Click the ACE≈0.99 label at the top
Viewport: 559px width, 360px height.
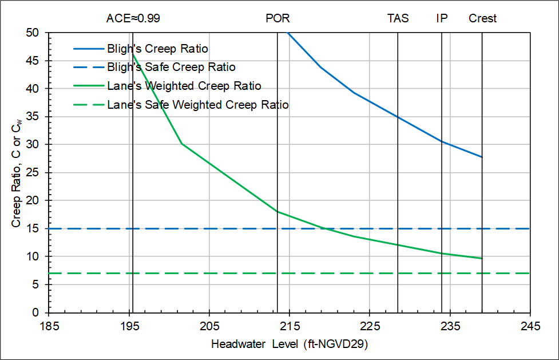pyautogui.click(x=133, y=18)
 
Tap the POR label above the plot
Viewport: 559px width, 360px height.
pyautogui.click(x=277, y=18)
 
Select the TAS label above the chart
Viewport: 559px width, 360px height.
pyautogui.click(x=398, y=18)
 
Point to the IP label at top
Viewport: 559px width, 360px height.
pyautogui.click(x=442, y=18)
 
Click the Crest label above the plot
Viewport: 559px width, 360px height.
pyautogui.click(x=482, y=18)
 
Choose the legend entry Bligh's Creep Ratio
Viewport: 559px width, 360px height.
pyautogui.click(x=157, y=49)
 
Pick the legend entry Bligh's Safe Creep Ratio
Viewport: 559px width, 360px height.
pyautogui.click(x=171, y=68)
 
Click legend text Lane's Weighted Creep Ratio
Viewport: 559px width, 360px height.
pyautogui.click(x=184, y=86)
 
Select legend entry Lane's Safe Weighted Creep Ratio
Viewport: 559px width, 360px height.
pyautogui.click(x=198, y=105)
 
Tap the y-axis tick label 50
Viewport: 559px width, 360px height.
pyautogui.click(x=38, y=33)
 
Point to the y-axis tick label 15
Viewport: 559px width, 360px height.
pyautogui.click(x=38, y=229)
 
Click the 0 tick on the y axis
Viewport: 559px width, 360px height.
pyautogui.click(x=40, y=313)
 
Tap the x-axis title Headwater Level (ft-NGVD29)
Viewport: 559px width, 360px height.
pyautogui.click(x=289, y=345)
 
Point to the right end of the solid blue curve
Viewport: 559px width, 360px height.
pyautogui.click(x=482, y=157)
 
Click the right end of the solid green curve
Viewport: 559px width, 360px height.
pyautogui.click(x=482, y=258)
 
